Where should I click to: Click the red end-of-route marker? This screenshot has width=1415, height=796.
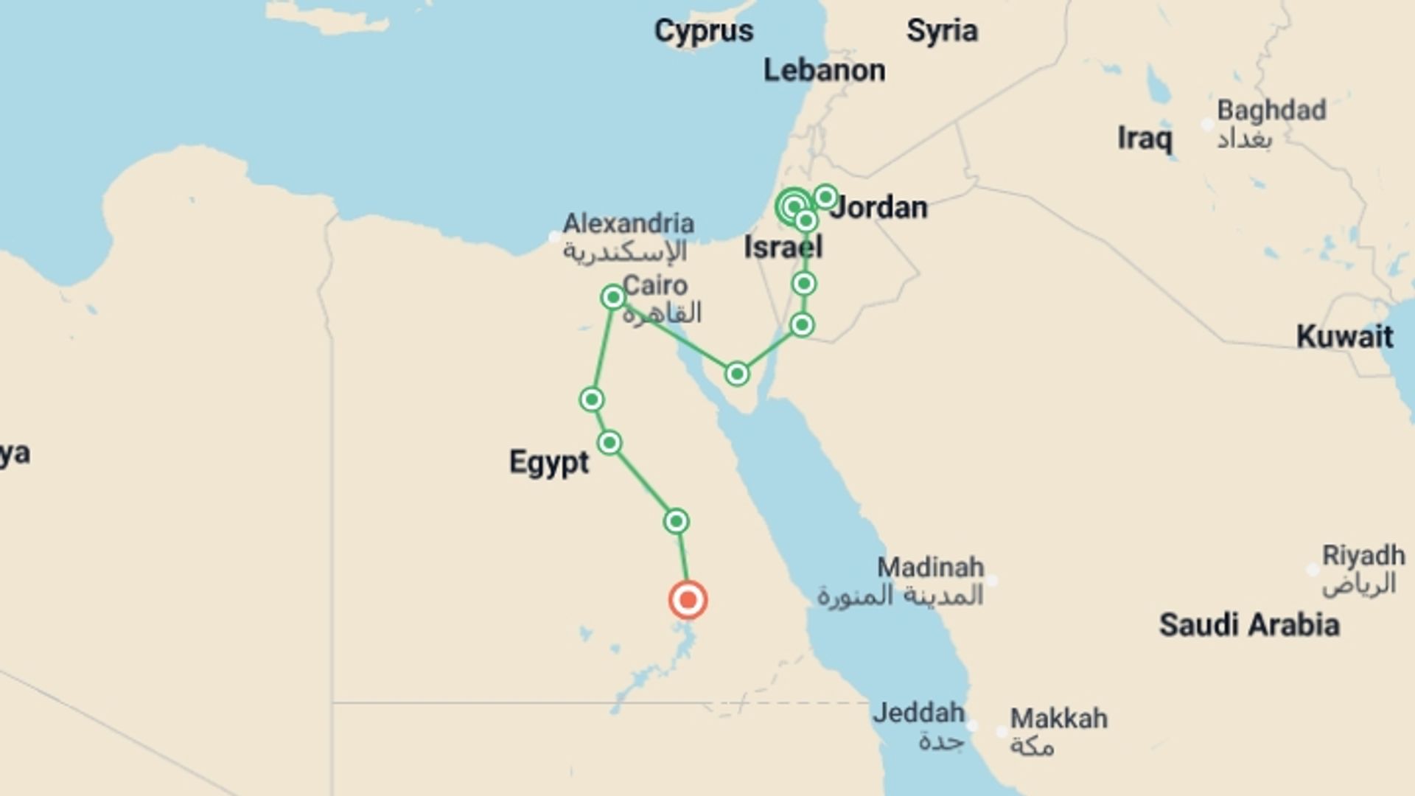pos(688,599)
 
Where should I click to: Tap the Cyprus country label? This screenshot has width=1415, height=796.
pos(704,31)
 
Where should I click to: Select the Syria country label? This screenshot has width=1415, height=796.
pos(942,31)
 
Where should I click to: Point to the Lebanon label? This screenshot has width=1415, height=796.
pos(824,71)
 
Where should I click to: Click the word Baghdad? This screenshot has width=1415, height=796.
pos(1271,111)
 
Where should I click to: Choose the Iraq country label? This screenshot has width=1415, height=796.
pos(1144,139)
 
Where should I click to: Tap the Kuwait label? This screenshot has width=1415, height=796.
pos(1344,337)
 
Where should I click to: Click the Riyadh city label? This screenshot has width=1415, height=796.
pos(1363,555)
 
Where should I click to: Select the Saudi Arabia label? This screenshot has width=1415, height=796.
pos(1249,625)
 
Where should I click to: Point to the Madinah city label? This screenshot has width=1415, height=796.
pos(930,568)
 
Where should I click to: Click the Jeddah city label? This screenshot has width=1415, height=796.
pos(918,713)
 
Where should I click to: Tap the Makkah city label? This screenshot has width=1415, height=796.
pos(1058,719)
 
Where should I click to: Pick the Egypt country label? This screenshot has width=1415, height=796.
pos(549,463)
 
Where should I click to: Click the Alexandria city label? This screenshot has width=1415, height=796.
pos(629,223)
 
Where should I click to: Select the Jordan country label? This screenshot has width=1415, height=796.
pos(878,208)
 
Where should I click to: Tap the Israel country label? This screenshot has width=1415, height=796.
pos(783,248)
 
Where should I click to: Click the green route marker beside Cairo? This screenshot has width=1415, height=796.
pos(613,297)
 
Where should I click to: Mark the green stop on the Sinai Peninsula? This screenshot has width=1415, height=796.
pos(736,374)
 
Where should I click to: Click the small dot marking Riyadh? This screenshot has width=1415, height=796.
pos(1313,570)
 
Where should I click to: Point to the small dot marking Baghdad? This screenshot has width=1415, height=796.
pos(1207,125)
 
